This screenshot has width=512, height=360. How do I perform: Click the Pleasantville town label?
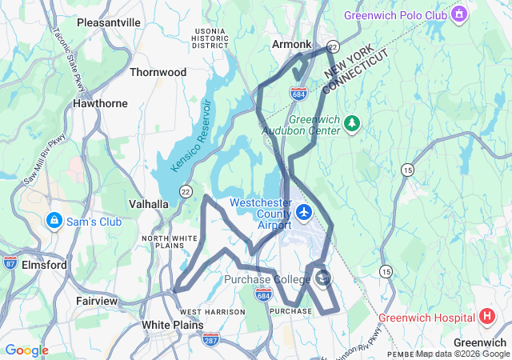click(x=108, y=23)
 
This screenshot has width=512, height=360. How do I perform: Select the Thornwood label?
click(x=158, y=72)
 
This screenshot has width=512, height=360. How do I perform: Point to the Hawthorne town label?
click(x=100, y=103)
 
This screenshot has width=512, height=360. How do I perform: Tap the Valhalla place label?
click(x=149, y=204)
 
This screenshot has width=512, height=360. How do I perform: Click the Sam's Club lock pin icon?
click(x=54, y=220)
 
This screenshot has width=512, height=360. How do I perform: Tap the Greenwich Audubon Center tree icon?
click(x=353, y=122)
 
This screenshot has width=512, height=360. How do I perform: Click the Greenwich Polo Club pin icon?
click(x=459, y=15)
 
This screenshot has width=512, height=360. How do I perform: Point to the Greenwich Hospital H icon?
click(x=487, y=317)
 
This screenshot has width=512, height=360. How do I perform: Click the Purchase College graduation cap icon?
click(x=322, y=278)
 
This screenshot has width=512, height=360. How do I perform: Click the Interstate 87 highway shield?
click(x=10, y=262)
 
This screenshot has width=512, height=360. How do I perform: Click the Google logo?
click(x=26, y=350)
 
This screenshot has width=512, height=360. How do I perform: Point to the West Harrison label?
click(x=212, y=311)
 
